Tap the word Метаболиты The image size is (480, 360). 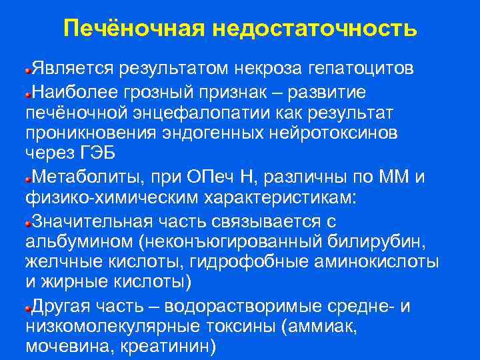(x=81, y=177)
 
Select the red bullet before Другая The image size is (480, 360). (x=28, y=308)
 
